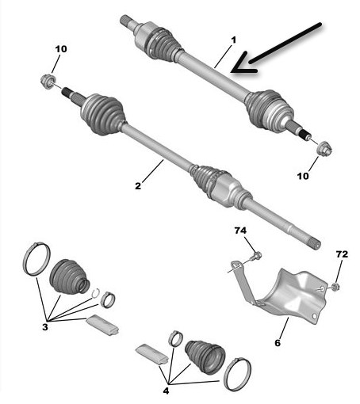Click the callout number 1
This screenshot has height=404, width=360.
[x=233, y=40]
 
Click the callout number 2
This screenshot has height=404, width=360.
[x=138, y=186]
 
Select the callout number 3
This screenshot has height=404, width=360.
[x=45, y=327]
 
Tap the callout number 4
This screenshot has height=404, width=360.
[x=166, y=391]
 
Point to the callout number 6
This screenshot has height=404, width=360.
[x=278, y=343]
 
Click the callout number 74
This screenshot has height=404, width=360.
[x=240, y=231]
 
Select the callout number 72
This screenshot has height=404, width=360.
[x=342, y=254]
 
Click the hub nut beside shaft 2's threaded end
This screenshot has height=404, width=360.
[x=48, y=81]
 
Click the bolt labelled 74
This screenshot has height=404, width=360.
[x=255, y=256]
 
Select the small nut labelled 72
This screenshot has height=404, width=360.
[x=335, y=287]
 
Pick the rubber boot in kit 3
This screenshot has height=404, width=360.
[x=69, y=276]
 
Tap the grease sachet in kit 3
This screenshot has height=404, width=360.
[x=102, y=325]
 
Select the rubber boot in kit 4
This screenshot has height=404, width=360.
[x=205, y=357]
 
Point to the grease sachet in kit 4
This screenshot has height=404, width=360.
[x=151, y=354]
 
